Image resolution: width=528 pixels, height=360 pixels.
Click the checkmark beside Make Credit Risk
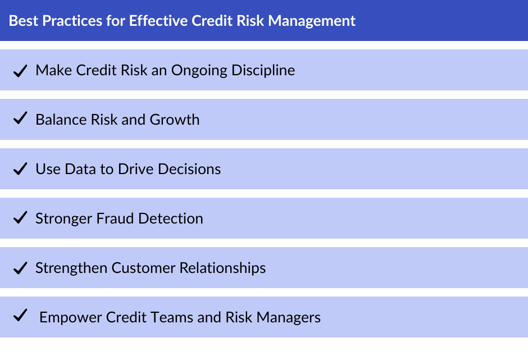(x=20, y=71)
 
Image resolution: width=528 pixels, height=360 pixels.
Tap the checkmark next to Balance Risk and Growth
(x=20, y=120)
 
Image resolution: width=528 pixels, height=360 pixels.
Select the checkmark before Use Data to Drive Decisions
(x=20, y=169)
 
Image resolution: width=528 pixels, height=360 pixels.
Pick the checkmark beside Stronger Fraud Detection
(x=20, y=218)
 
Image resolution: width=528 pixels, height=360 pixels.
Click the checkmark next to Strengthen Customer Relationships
(x=20, y=268)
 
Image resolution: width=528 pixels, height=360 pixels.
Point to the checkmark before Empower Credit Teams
(x=20, y=317)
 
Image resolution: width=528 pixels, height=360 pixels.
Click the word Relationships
(x=222, y=268)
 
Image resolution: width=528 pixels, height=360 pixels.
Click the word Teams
(x=165, y=317)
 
